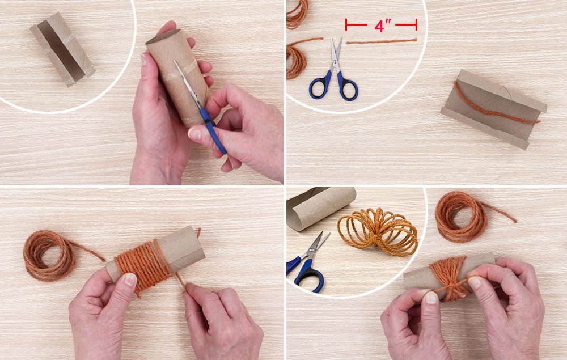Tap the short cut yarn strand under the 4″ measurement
[382, 41]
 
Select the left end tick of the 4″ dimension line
[346, 25]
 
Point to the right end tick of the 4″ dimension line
[416, 25]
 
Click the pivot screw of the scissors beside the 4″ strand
[335, 62]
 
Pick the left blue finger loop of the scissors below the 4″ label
[319, 86]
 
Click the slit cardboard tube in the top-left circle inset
[62, 49]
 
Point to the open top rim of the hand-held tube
[163, 36]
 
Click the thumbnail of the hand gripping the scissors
[194, 134]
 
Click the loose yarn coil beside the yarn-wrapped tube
[49, 255]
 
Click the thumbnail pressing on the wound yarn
[130, 279]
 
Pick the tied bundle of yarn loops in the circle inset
[378, 231]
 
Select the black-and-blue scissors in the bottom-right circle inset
[307, 262]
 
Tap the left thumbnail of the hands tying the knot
[431, 298]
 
